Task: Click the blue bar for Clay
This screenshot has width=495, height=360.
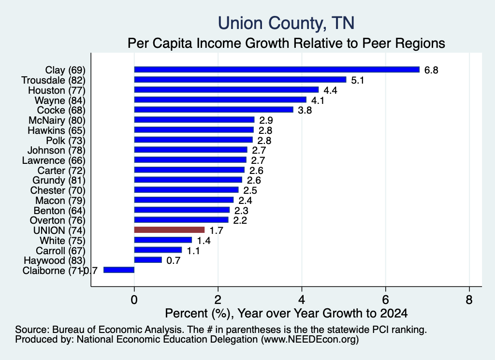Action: (x=277, y=70)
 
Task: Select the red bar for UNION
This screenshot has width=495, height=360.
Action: (x=169, y=230)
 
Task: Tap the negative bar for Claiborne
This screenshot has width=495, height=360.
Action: (x=119, y=270)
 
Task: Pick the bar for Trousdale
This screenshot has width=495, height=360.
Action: (x=240, y=80)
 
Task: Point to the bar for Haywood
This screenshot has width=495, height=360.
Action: (x=148, y=260)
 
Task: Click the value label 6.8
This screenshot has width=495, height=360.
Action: (x=431, y=70)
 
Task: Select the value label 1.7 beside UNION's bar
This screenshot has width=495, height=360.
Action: (x=216, y=230)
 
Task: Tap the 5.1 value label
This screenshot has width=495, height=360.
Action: (x=358, y=80)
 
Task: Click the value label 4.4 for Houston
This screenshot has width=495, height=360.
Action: (x=330, y=90)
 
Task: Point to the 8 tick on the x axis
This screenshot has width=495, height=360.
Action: (x=469, y=300)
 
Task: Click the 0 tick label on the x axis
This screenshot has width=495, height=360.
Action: (x=134, y=300)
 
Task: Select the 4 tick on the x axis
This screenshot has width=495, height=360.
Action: (x=302, y=300)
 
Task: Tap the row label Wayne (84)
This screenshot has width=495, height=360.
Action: (x=60, y=101)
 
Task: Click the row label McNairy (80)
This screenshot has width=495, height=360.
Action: (x=57, y=120)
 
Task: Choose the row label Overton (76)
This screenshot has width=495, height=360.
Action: (x=58, y=220)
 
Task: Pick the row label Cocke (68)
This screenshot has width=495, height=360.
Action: (x=61, y=110)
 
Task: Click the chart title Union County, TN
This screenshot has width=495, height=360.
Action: (x=286, y=23)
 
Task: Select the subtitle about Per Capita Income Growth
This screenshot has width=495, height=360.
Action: (x=286, y=43)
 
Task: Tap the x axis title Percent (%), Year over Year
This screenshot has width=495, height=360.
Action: (x=286, y=313)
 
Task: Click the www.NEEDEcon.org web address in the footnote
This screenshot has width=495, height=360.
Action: (x=310, y=339)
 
